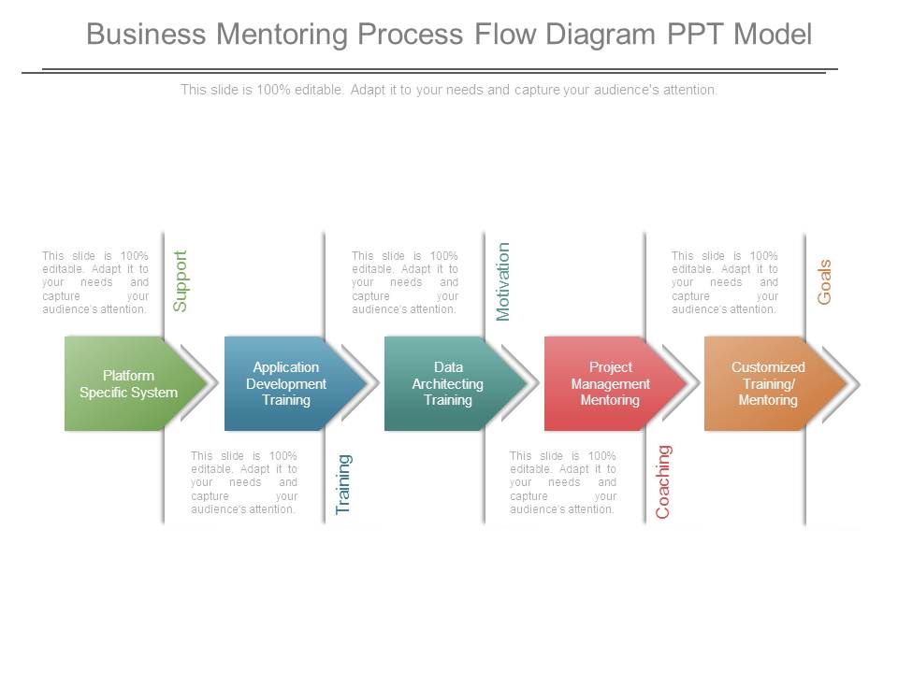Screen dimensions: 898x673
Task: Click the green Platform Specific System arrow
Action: pyautogui.click(x=135, y=383)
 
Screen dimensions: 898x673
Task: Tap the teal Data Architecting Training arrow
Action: pyautogui.click(x=456, y=383)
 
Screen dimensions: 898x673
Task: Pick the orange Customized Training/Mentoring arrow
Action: pyautogui.click(x=775, y=383)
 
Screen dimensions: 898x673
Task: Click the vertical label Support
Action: pyautogui.click(x=180, y=281)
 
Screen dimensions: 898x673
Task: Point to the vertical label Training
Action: pyautogui.click(x=343, y=484)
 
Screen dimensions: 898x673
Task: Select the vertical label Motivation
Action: pyautogui.click(x=502, y=281)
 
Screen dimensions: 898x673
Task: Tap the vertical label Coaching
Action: pyautogui.click(x=663, y=482)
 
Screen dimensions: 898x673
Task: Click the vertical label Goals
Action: pyautogui.click(x=824, y=282)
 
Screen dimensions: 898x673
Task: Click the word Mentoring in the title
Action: pyautogui.click(x=282, y=35)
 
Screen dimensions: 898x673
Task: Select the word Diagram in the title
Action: pyautogui.click(x=601, y=35)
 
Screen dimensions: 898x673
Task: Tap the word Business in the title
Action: pyautogui.click(x=146, y=34)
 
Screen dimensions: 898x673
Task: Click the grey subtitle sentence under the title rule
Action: pyautogui.click(x=449, y=90)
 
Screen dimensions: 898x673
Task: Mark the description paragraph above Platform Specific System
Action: pyautogui.click(x=95, y=282)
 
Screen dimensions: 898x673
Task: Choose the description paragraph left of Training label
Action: pyautogui.click(x=244, y=482)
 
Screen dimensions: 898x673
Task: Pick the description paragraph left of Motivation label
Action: pyautogui.click(x=405, y=282)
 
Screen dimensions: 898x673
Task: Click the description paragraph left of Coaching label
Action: pyautogui.click(x=563, y=482)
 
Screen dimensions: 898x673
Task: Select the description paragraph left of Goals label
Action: pyautogui.click(x=724, y=282)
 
